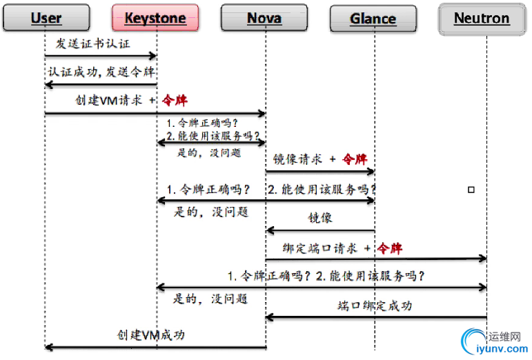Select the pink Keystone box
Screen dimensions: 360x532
click(155, 19)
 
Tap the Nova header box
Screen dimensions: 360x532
click(264, 19)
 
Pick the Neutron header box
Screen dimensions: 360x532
click(482, 19)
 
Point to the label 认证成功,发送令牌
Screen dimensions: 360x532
click(100, 72)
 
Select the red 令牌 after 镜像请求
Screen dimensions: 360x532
click(355, 159)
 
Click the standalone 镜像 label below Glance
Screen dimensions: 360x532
click(320, 219)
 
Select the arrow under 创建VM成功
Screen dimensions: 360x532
click(155, 347)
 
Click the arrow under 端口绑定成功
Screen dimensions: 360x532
click(376, 317)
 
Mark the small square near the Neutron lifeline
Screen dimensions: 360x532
click(471, 189)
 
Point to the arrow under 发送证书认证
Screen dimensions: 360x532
click(101, 56)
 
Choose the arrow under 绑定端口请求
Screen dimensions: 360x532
click(376, 259)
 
